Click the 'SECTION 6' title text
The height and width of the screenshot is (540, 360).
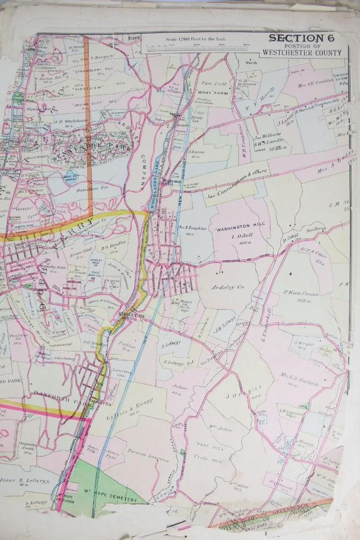pyautogui.click(x=297, y=38)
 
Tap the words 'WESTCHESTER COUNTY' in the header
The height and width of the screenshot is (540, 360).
pyautogui.click(x=303, y=53)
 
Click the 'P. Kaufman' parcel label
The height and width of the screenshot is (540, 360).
pyautogui.click(x=299, y=293)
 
